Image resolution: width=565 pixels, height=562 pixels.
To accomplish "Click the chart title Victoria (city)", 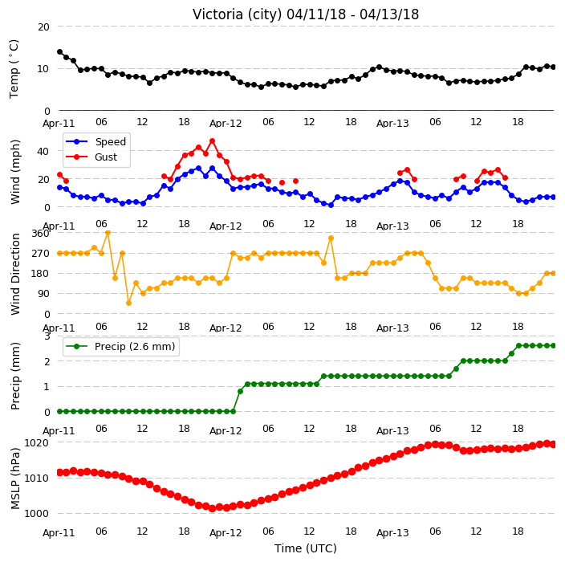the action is [x=238, y=14].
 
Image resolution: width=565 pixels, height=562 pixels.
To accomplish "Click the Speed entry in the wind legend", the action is [x=96, y=141].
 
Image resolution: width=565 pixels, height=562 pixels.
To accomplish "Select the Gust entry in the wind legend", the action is [x=91, y=157].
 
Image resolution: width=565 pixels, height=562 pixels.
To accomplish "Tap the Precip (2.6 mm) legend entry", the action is [x=120, y=346].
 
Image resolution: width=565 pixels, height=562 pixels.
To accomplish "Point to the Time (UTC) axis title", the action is [x=306, y=548].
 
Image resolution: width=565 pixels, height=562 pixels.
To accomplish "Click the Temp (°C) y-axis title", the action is [x=14, y=69].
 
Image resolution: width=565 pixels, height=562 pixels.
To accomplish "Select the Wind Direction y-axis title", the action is [x=15, y=275].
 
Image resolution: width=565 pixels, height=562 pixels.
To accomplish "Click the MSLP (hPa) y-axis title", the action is [x=15, y=479].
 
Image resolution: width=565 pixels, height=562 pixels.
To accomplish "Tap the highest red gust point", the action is [x=212, y=141].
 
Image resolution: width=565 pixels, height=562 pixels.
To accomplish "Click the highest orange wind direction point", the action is [x=108, y=233].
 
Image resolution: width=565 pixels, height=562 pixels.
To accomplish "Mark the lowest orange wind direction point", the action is [x=128, y=303].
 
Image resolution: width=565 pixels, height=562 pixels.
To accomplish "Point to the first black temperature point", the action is [x=60, y=52].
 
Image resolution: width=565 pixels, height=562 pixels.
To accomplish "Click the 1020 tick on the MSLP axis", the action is [x=37, y=442].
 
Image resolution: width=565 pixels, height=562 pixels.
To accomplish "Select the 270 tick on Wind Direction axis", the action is [x=40, y=254].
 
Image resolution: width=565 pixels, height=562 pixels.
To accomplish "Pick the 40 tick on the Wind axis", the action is [x=43, y=152].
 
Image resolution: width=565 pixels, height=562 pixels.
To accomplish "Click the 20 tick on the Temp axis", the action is [x=43, y=27].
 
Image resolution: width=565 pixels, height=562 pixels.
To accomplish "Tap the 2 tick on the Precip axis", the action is [x=47, y=361].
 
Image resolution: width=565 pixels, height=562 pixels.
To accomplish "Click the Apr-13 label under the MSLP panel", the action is [x=392, y=533].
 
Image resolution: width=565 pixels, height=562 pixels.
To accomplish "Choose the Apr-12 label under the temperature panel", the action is [x=226, y=124].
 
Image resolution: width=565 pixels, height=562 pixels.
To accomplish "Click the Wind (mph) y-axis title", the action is [x=15, y=173].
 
